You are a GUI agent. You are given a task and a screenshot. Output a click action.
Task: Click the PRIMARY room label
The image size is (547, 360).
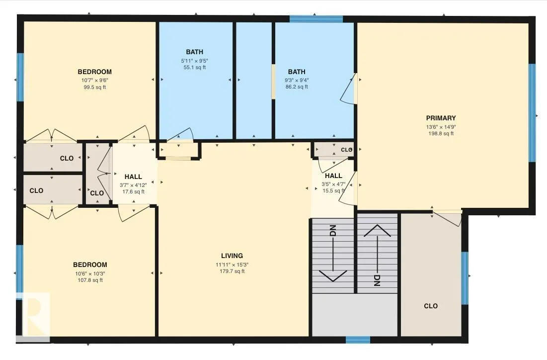click(x=441, y=118)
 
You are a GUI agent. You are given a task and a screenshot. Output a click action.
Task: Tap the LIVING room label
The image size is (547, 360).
click(x=232, y=256)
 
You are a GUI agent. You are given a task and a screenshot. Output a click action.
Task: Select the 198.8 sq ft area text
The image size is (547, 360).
click(x=441, y=133)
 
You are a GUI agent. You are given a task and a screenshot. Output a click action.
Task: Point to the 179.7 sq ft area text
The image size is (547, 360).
click(x=232, y=271)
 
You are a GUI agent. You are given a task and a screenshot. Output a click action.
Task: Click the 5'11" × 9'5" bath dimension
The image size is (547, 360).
click(x=194, y=61)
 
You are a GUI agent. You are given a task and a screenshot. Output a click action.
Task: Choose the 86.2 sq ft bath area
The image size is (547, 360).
click(x=297, y=87)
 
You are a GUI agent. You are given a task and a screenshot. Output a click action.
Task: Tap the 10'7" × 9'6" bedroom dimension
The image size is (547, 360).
click(x=94, y=80)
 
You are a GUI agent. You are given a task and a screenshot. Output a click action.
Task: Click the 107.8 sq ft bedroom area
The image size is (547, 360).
click(x=90, y=280)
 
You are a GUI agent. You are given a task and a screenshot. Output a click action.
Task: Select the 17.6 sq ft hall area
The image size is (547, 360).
click(x=133, y=192)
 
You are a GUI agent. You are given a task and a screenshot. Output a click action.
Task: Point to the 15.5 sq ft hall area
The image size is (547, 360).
click(x=333, y=190)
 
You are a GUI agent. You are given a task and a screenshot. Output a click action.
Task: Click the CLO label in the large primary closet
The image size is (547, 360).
click(x=431, y=306)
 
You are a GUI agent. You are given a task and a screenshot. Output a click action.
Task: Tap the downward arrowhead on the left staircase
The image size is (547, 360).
click(x=333, y=275)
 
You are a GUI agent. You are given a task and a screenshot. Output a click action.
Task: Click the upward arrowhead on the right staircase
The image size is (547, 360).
click(x=377, y=231)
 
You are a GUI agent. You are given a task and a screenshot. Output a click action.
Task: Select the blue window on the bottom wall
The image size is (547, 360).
click(x=358, y=340)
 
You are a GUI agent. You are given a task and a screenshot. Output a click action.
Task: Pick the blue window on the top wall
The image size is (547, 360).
click(x=316, y=19)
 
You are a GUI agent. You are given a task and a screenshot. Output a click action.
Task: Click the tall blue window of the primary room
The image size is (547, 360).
click(x=532, y=113)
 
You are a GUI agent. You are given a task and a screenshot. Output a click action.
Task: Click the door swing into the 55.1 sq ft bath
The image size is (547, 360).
click(x=180, y=135)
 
